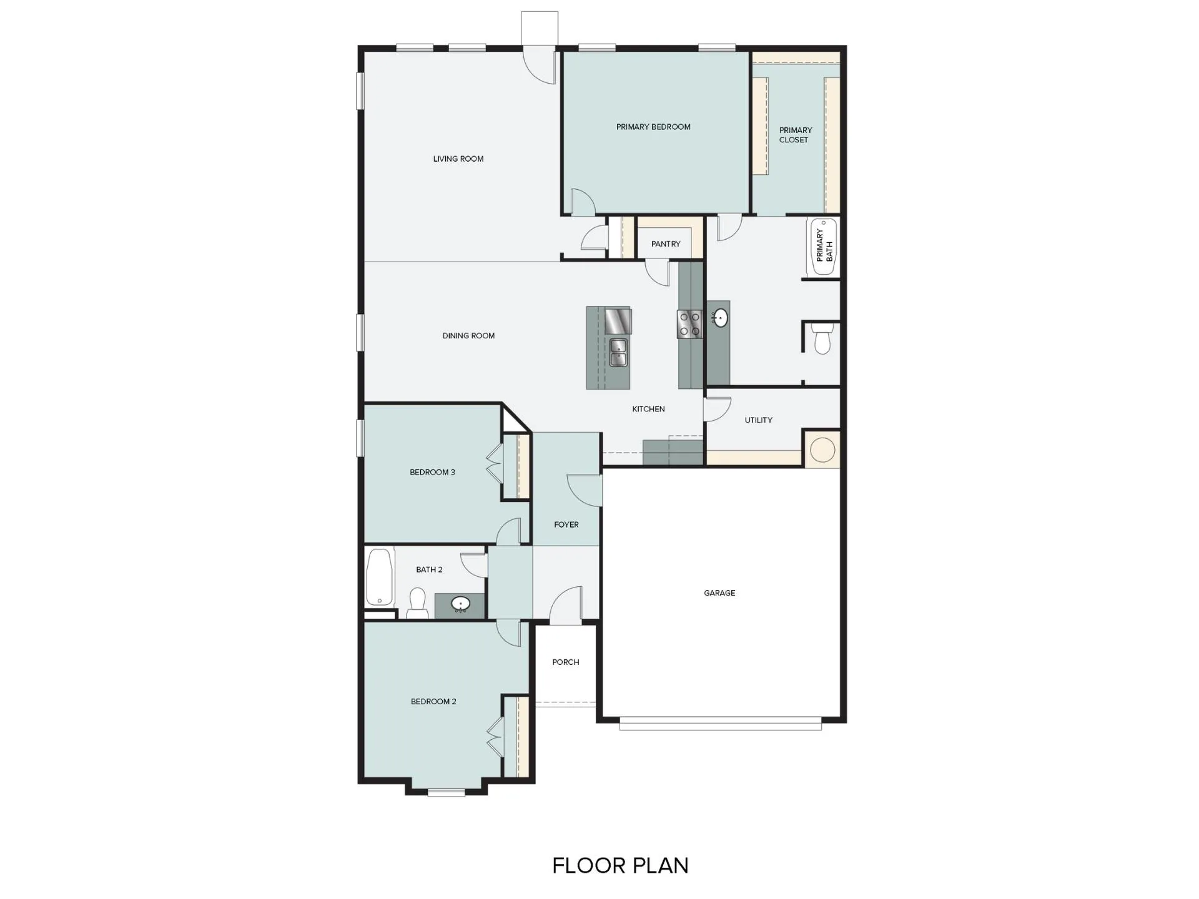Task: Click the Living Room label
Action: pos(458,159)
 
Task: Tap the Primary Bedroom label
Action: pos(653,127)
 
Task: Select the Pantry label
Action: pos(666,244)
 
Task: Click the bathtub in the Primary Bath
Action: pos(822,247)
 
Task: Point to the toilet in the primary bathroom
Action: pos(822,338)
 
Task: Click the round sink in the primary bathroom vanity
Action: pos(720,318)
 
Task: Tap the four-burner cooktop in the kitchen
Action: pos(689,324)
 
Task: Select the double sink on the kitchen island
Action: pos(618,352)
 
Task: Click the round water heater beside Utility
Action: pos(822,449)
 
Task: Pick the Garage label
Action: pos(719,593)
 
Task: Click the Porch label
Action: pos(566,662)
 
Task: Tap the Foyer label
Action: pos(566,525)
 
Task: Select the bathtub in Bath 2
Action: pos(380,577)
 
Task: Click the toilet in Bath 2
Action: pos(417,604)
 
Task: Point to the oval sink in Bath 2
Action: pos(461,604)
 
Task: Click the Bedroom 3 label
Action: pos(432,473)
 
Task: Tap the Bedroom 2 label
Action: pos(433,702)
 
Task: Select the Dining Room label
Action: pos(468,336)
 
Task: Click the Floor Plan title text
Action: pos(620,866)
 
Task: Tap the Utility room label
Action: pos(758,420)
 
